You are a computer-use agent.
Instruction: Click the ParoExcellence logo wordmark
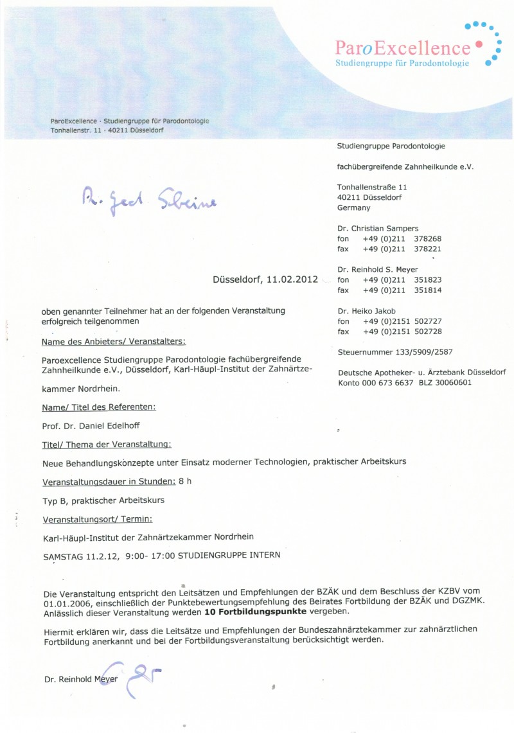[x=403, y=48]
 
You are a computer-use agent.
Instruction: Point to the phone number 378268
[x=428, y=238]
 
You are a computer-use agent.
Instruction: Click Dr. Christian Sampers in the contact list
[x=378, y=228]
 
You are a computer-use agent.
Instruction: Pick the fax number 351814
[x=428, y=290]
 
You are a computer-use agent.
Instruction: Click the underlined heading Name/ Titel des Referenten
[x=99, y=407]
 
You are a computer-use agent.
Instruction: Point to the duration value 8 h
[x=185, y=481]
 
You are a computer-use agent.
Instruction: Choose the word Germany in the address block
[x=353, y=208]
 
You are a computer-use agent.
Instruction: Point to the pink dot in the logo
[x=478, y=45]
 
